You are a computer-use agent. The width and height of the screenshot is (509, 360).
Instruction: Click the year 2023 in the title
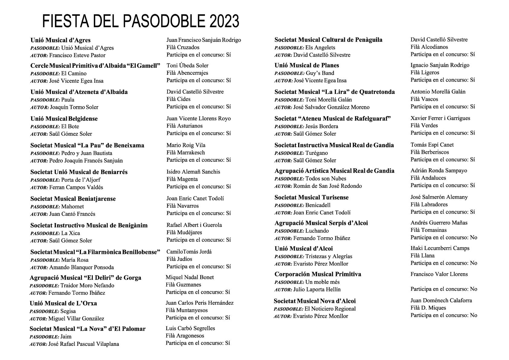click(224, 21)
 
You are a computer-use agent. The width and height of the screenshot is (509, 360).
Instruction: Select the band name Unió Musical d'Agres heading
click(60, 40)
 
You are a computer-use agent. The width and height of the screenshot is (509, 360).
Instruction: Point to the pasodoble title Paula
click(68, 100)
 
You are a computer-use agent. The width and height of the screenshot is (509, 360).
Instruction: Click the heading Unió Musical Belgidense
click(64, 119)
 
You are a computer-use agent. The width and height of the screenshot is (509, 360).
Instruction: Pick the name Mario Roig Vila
click(186, 145)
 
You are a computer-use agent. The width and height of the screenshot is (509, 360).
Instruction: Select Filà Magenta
click(182, 179)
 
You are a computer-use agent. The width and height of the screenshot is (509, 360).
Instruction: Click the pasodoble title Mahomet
click(73, 207)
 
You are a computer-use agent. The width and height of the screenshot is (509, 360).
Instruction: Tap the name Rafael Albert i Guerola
click(194, 225)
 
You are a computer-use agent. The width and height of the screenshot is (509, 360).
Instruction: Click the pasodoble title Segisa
click(68, 311)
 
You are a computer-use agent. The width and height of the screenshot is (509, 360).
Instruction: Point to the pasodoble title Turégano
click(316, 153)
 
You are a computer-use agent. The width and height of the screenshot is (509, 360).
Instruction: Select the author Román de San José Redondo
click(327, 186)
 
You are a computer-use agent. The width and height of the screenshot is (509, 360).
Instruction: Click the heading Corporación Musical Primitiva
click(318, 274)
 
